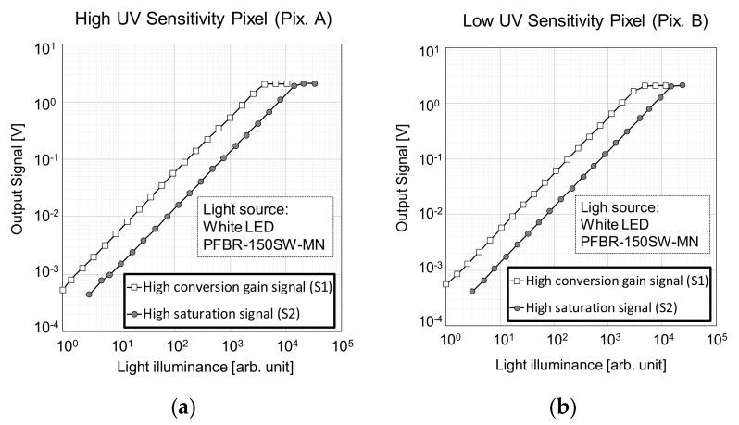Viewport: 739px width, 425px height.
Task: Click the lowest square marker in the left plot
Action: pyautogui.click(x=63, y=290)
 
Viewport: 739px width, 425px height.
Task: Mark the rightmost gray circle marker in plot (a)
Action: pyautogui.click(x=314, y=83)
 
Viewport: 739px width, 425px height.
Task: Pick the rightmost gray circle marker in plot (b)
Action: pyautogui.click(x=683, y=85)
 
